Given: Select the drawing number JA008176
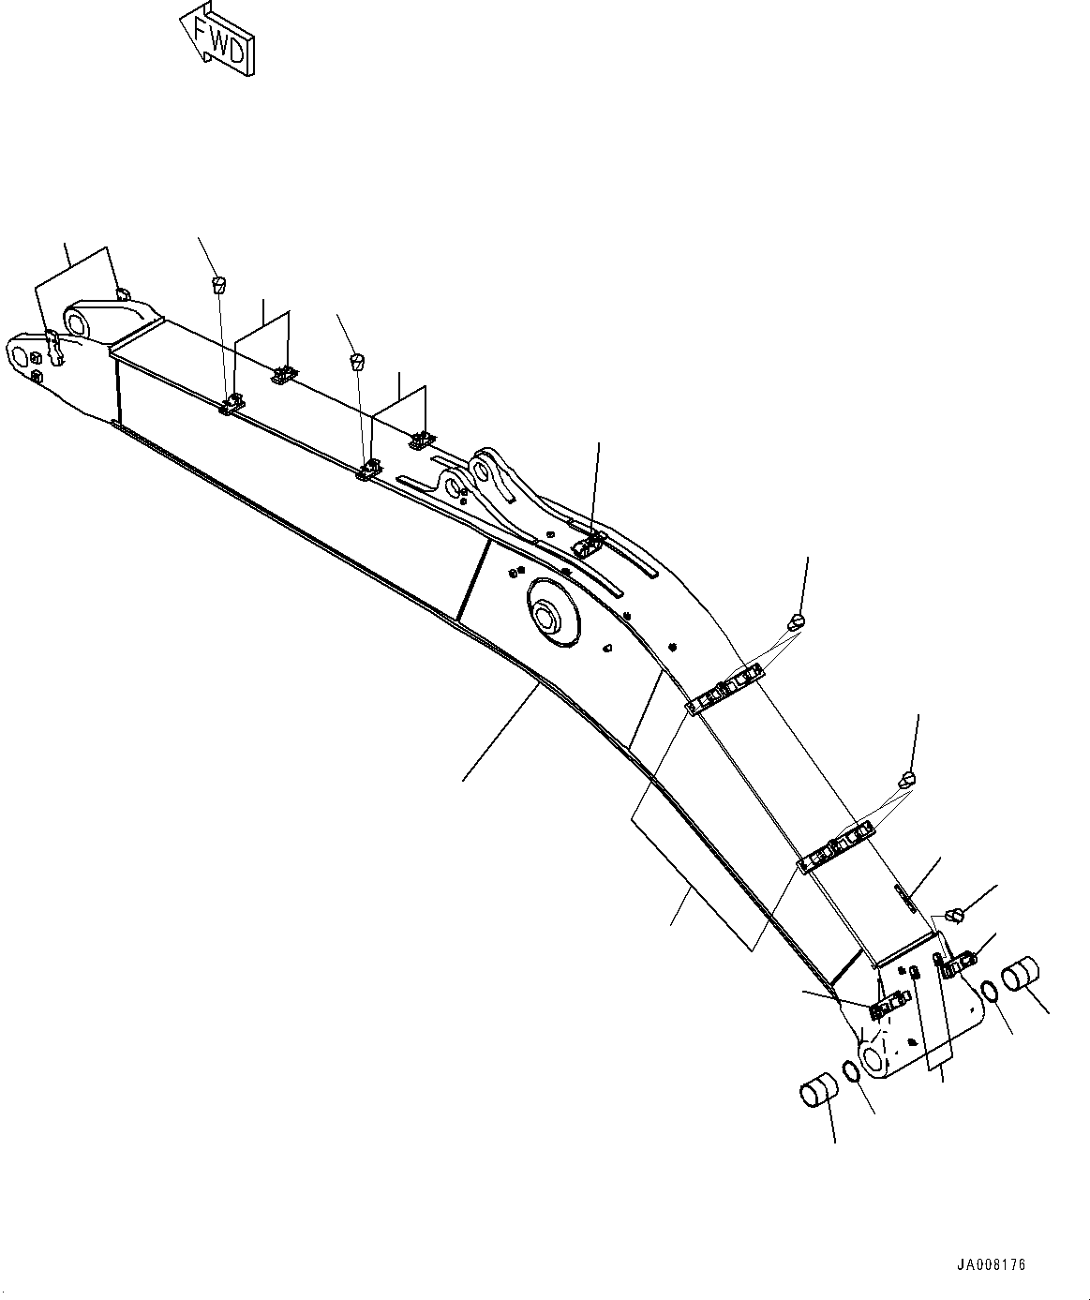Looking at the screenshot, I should click(991, 1264).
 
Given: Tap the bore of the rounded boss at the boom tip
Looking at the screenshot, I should click(78, 322).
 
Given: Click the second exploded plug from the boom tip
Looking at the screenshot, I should click(356, 360).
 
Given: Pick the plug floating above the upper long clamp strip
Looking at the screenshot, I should click(798, 620).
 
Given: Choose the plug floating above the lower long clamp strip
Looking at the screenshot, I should click(907, 779).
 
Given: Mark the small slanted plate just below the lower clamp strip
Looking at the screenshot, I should click(905, 896).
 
